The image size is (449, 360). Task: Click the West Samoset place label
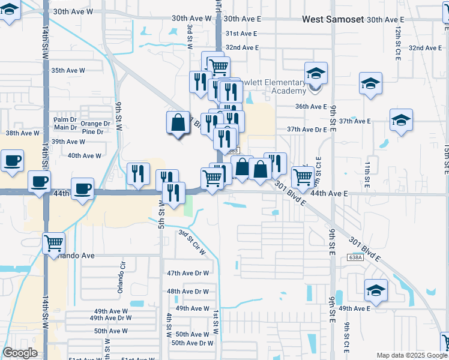[x=333, y=19]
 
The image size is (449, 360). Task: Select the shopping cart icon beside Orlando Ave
[x=53, y=243]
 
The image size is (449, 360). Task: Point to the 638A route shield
[x=355, y=257]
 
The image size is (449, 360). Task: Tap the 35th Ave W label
[x=68, y=70]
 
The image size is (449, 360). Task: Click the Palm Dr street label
[x=65, y=119]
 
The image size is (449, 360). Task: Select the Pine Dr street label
[x=93, y=131]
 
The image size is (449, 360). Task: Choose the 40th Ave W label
[x=84, y=155]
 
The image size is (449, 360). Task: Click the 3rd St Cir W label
[x=192, y=244]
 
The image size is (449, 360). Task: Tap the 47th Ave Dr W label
[x=188, y=273]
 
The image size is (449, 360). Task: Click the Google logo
[x=20, y=353]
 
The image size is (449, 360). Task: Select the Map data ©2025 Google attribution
[x=411, y=355]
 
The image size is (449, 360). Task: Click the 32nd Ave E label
[x=242, y=47]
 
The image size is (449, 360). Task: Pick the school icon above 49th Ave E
[x=376, y=292]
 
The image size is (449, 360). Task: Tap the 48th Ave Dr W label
[x=188, y=292]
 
